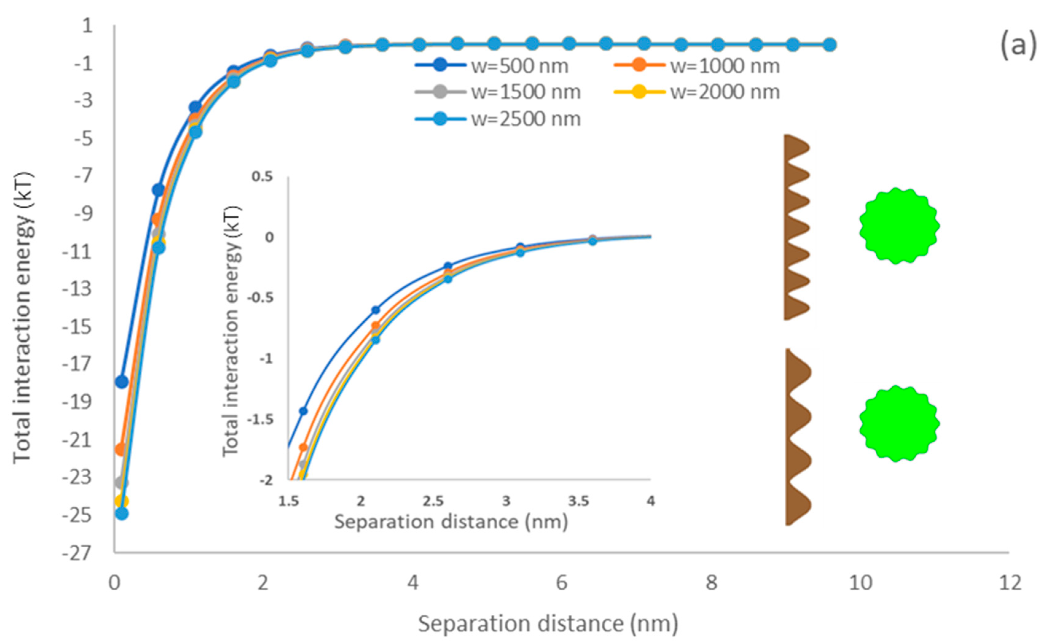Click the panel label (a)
[1018, 45]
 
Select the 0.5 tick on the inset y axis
[262, 176]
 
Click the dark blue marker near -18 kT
[121, 382]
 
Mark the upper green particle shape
[899, 226]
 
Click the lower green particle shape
[899, 424]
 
